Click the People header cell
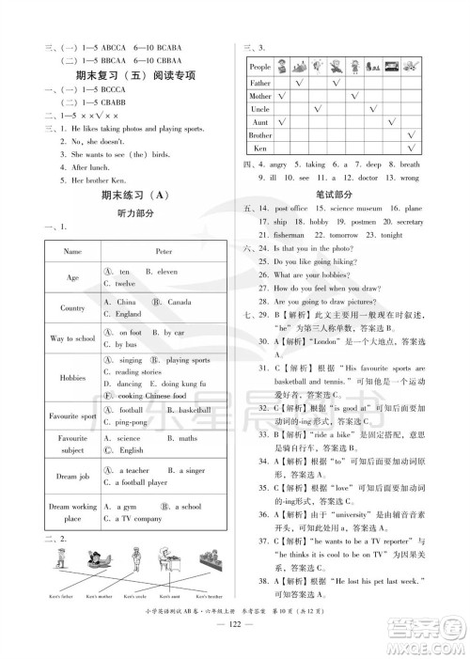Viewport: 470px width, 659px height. (x=259, y=68)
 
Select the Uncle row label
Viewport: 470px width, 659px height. (x=259, y=109)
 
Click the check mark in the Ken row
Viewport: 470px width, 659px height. (x=411, y=149)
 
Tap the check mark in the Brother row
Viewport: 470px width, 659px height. (x=411, y=135)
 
